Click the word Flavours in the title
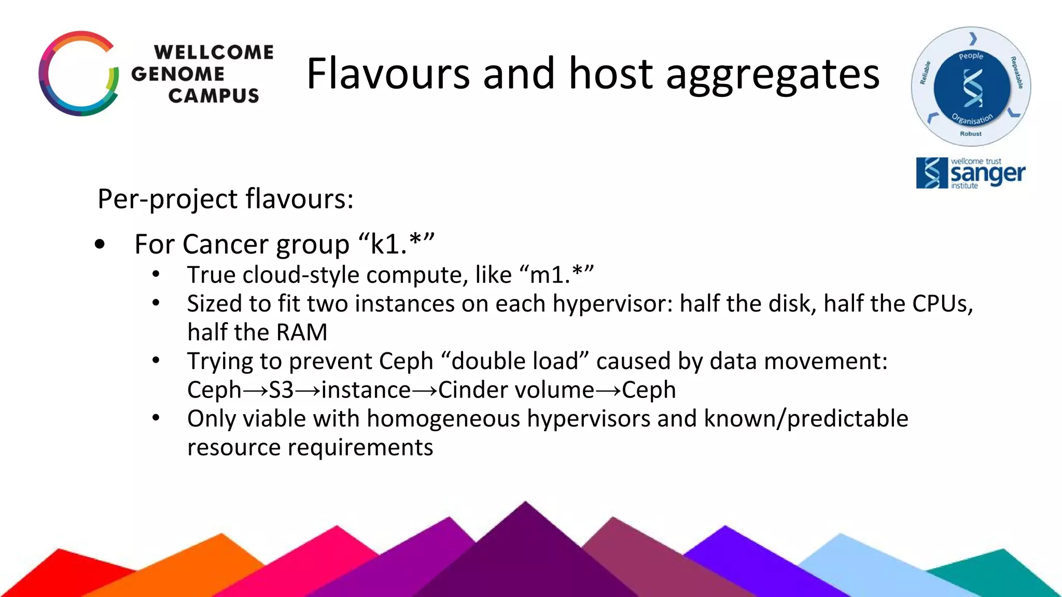pyautogui.click(x=388, y=74)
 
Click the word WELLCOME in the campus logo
pyautogui.click(x=214, y=52)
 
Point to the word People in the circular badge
pyautogui.click(x=971, y=56)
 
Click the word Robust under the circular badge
pyautogui.click(x=971, y=134)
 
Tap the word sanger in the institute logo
pyautogui.click(x=987, y=174)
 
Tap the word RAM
pyautogui.click(x=302, y=333)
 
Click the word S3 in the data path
pyautogui.click(x=281, y=390)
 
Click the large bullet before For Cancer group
pyautogui.click(x=100, y=244)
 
